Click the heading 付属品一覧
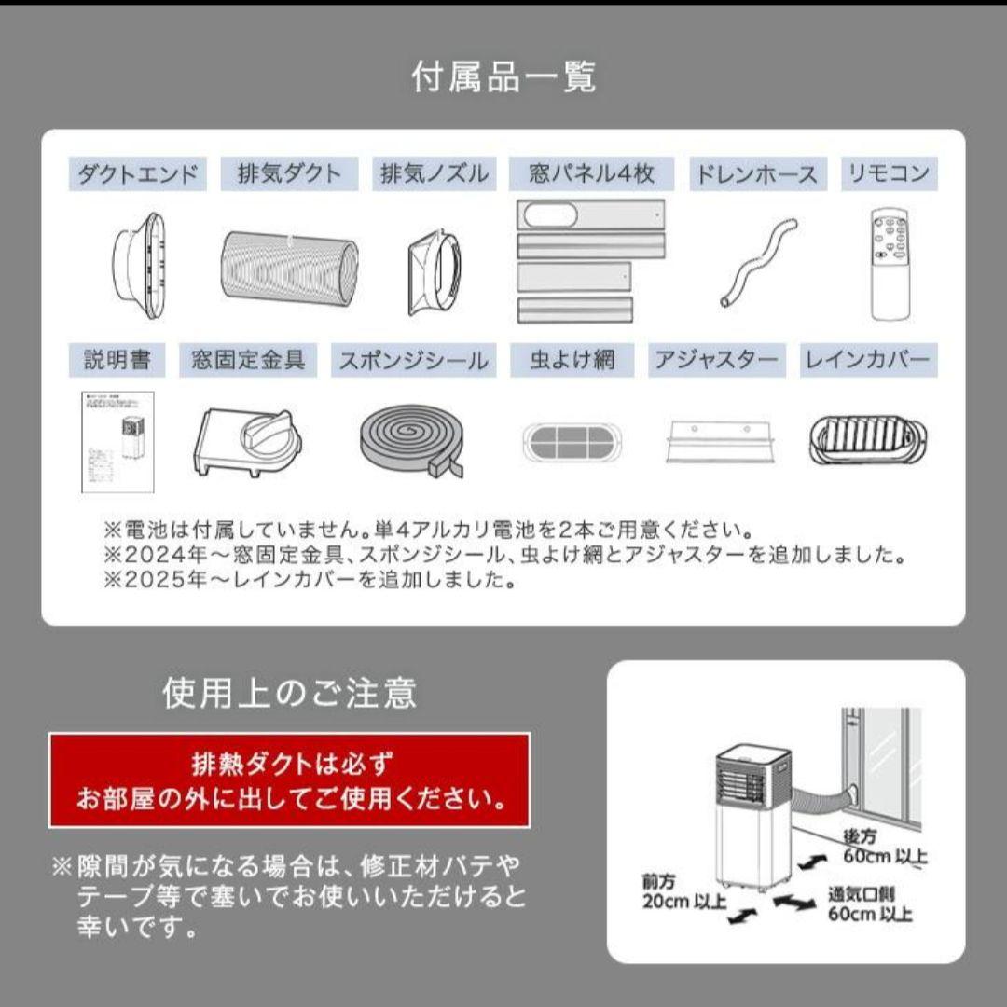[x=504, y=77]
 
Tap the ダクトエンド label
[x=138, y=174]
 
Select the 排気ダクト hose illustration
[x=289, y=264]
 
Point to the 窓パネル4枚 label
[x=591, y=174]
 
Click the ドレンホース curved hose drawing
[x=758, y=263]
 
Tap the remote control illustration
[x=889, y=265]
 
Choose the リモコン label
[x=888, y=174]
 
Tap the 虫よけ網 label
[x=572, y=360]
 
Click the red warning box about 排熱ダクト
[x=289, y=780]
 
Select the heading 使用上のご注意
[x=289, y=693]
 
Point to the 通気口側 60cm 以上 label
[x=870, y=904]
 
